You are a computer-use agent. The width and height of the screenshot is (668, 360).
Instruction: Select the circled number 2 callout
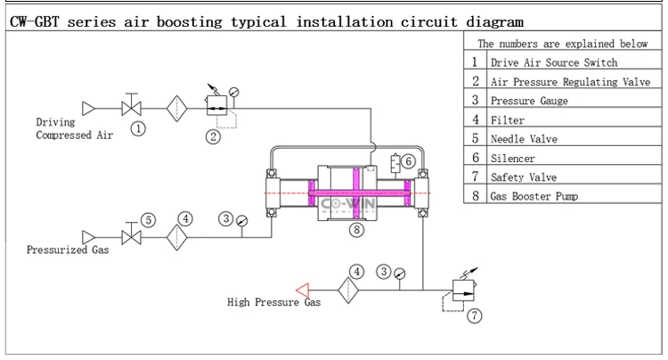213,136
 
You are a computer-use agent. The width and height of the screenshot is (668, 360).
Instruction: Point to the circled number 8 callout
356,229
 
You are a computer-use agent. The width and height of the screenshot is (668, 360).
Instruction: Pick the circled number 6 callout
408,161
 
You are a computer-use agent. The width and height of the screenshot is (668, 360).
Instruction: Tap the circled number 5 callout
148,219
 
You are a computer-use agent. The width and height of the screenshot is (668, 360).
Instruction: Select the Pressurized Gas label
68,250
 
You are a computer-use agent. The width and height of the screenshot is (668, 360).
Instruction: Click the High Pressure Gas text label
273,302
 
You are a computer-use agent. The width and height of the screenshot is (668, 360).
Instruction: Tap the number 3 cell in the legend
476,101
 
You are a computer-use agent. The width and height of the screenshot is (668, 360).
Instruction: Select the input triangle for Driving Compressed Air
87,108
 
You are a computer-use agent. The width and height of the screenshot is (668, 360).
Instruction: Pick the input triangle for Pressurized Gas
87,237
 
